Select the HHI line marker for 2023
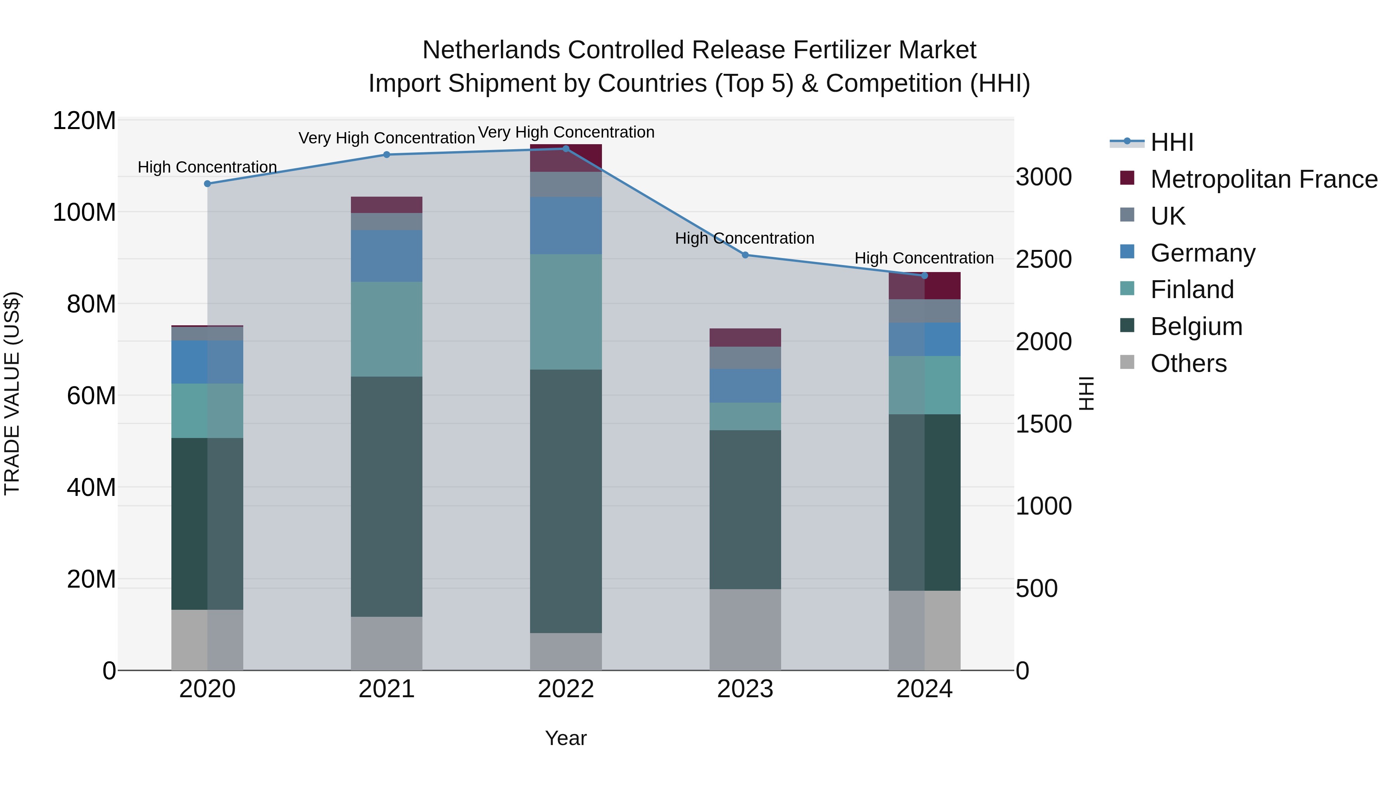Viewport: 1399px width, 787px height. pos(745,255)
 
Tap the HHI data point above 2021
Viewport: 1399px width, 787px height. pos(387,155)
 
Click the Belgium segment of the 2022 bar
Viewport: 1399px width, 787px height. pos(566,501)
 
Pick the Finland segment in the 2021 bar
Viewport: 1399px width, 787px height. pos(387,329)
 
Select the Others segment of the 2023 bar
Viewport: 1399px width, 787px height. pos(745,630)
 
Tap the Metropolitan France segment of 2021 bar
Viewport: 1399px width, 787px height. pos(387,205)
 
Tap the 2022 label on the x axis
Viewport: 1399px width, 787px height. pos(566,689)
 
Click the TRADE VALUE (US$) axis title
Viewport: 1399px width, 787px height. pos(12,393)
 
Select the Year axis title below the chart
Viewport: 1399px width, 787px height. pos(566,738)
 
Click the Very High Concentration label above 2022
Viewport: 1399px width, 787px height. pos(566,132)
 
